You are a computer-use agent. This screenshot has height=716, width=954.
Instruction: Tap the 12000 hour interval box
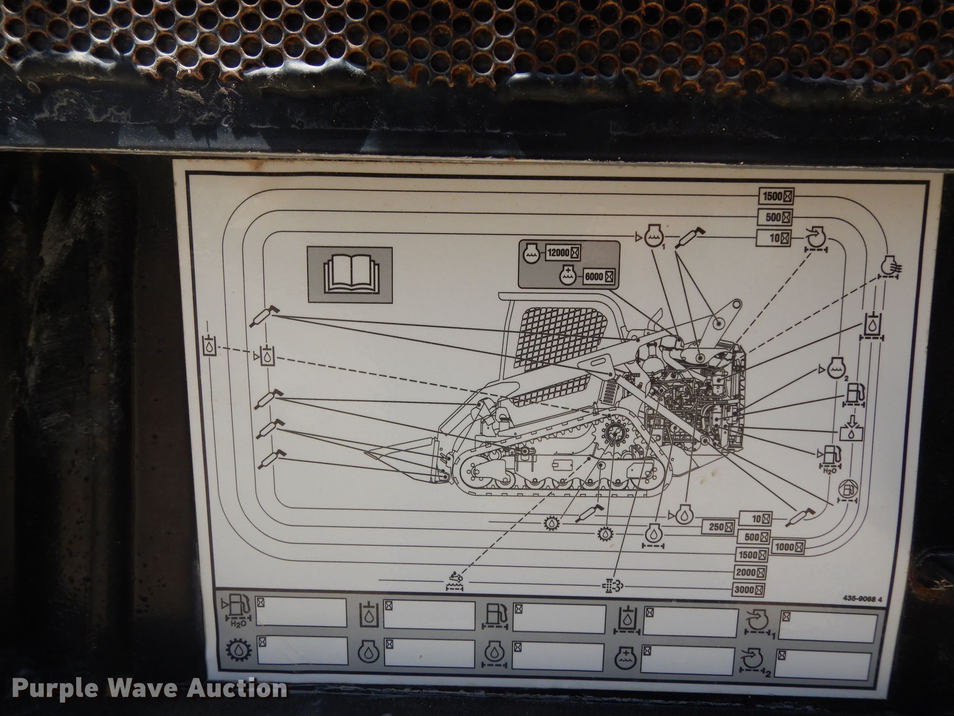(x=563, y=253)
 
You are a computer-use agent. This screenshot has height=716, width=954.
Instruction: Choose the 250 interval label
(x=718, y=527)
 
